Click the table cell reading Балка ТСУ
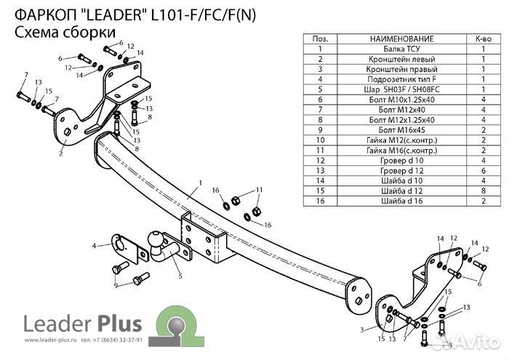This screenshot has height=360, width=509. point(401,49)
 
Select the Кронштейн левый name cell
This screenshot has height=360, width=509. point(401,60)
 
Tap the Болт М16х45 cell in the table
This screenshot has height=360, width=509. point(401,129)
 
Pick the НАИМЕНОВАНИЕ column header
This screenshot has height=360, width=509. point(401,39)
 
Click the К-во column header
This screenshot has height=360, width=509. point(483,39)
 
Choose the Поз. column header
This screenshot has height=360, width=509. point(319,39)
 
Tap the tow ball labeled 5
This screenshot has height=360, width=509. point(157,243)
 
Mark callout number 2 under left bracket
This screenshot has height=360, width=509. point(61,153)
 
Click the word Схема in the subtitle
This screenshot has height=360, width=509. point(37,31)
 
